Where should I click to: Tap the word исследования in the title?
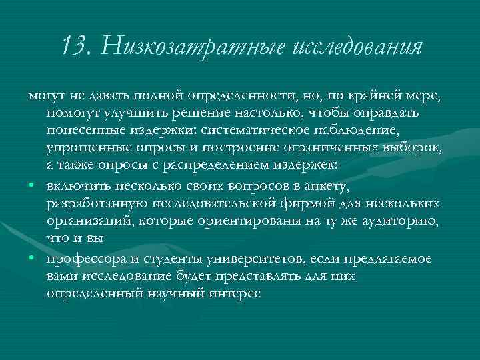(357, 47)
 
